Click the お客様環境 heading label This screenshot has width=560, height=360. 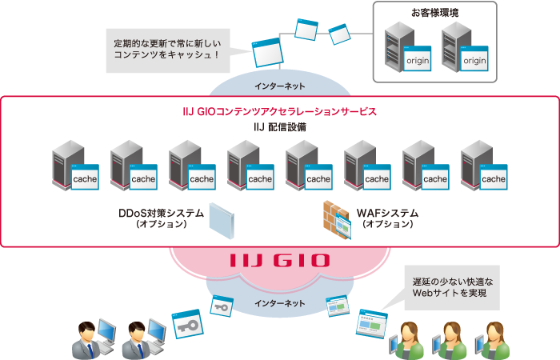coord(435,13)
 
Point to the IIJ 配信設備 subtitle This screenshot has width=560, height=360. coord(279,127)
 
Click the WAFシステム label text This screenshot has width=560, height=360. coord(388,214)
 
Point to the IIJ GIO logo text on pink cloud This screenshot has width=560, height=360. coord(278,261)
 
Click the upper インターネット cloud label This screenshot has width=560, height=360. coord(279,85)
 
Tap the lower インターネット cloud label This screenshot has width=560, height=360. coord(279,303)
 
